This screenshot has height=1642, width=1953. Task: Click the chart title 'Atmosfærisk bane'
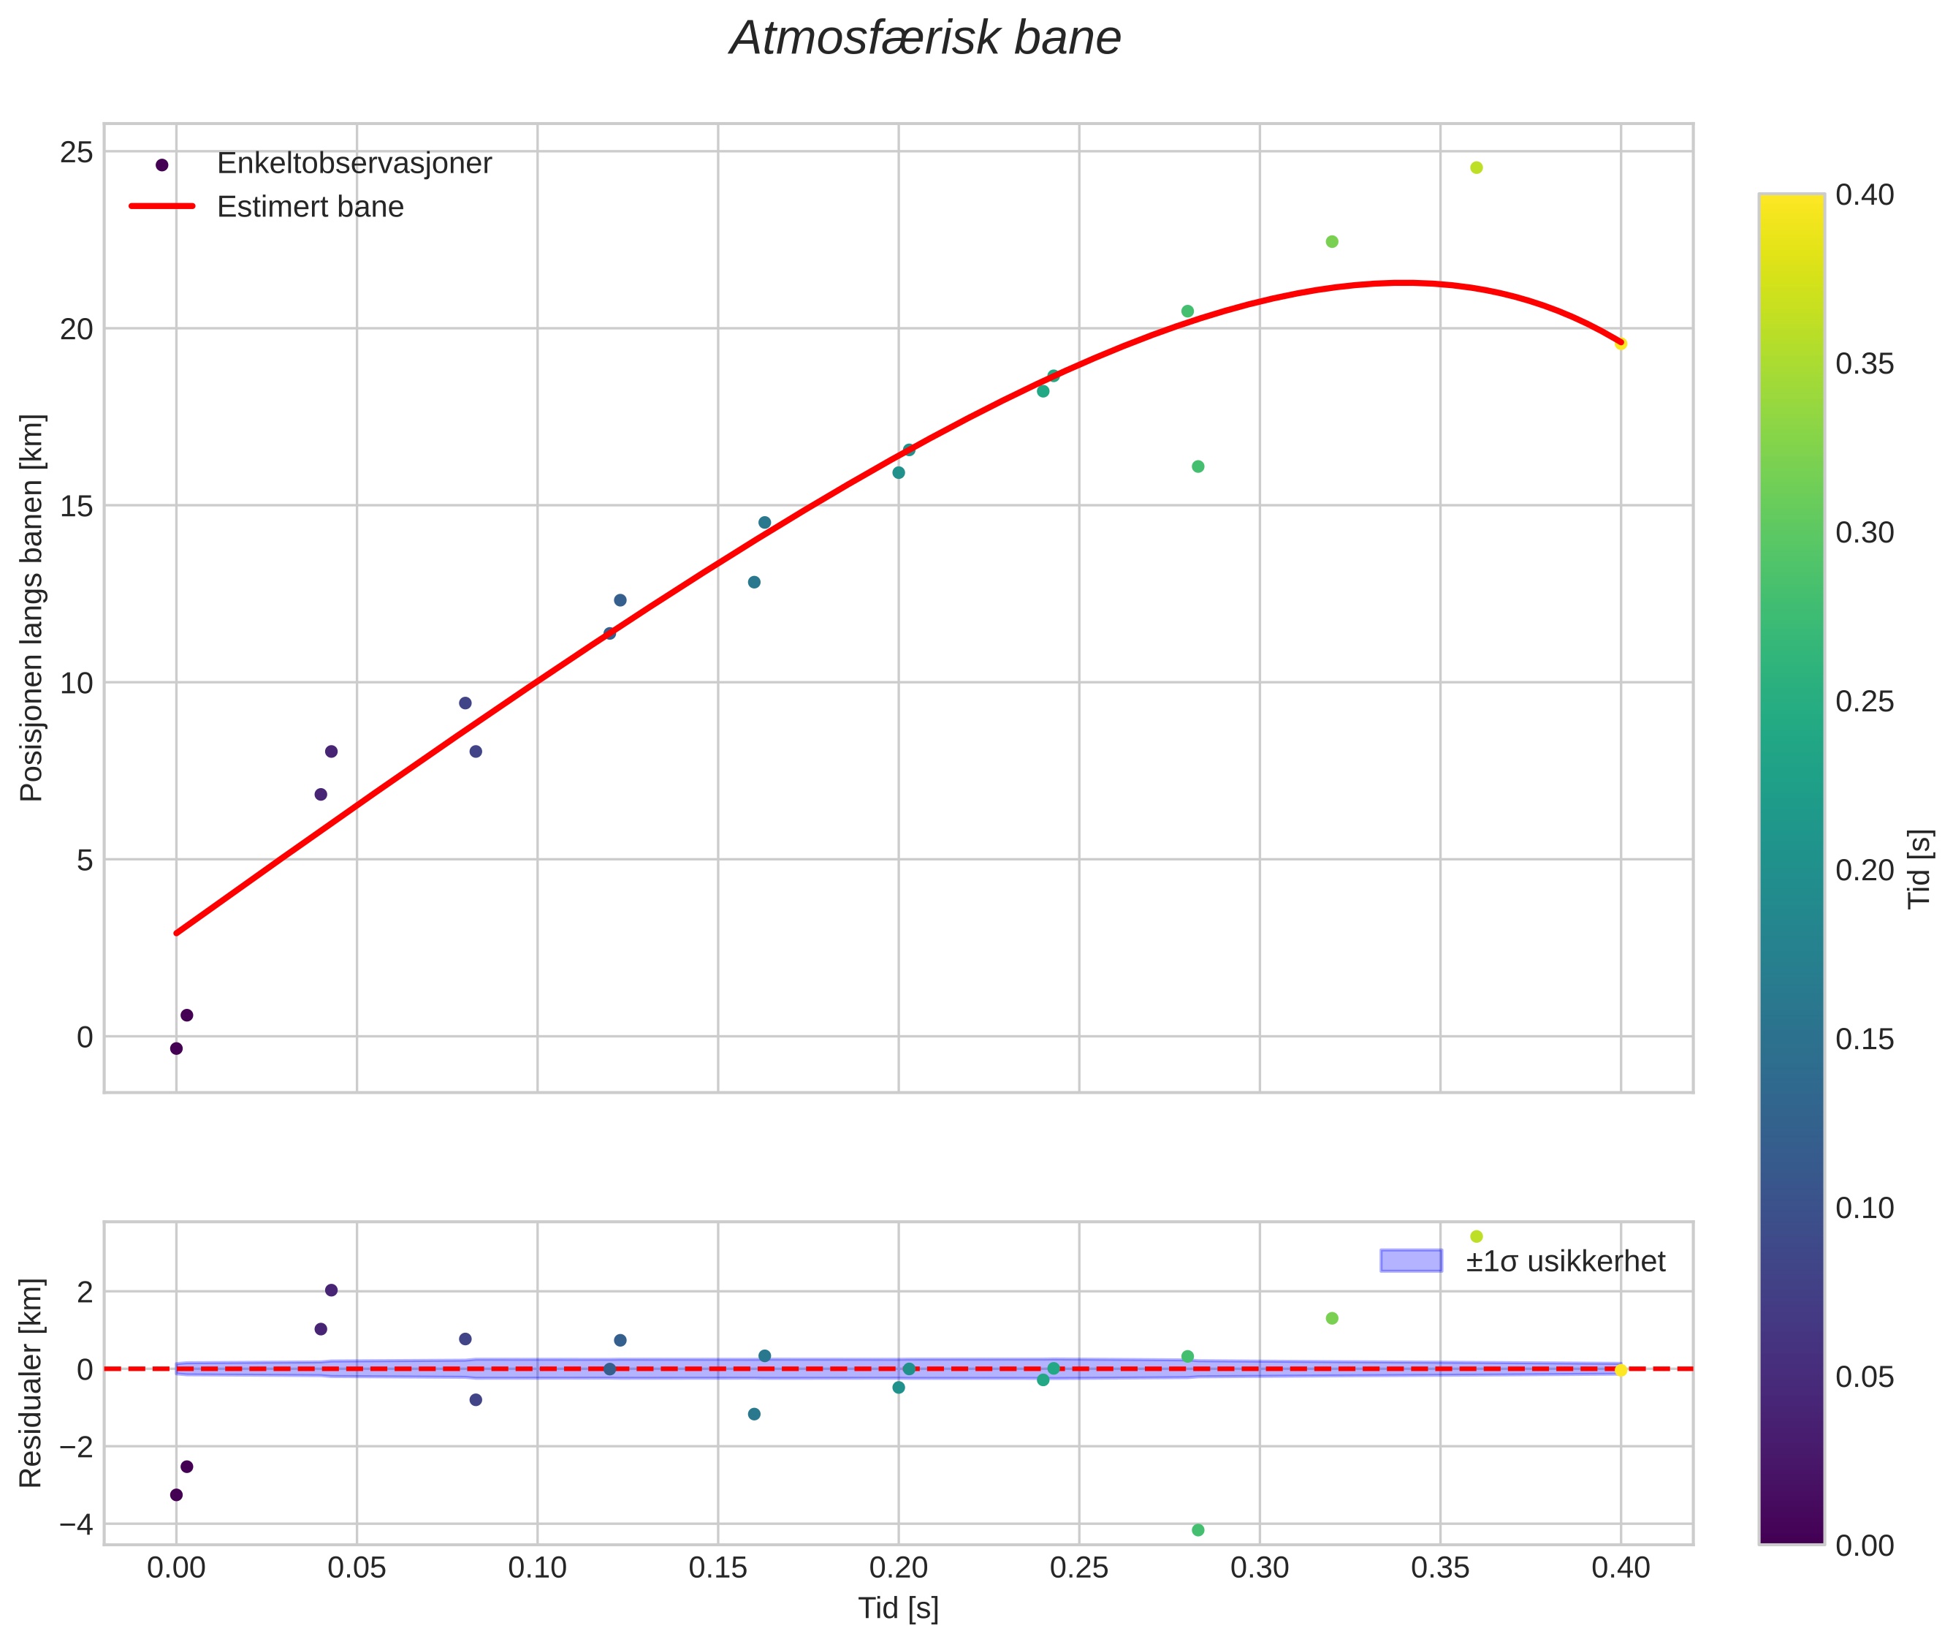pos(925,39)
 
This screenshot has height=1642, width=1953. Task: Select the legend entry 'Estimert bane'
pos(310,207)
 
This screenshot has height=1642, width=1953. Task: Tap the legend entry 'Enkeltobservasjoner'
pos(354,164)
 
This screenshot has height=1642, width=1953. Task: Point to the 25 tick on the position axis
pos(77,152)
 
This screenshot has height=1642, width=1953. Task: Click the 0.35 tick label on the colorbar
pos(1865,364)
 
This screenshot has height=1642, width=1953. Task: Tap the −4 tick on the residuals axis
pos(75,1525)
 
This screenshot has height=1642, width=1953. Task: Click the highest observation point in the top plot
pos(1476,167)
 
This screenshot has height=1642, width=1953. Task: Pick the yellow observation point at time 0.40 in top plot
pos(1621,344)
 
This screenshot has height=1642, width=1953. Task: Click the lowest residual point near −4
pos(1198,1530)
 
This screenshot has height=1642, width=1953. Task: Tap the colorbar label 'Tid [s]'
pos(1919,869)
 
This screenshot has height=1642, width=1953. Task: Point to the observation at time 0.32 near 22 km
pos(1331,242)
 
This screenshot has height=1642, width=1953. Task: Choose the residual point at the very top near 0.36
pos(1476,1236)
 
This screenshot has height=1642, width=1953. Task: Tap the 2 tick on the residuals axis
pos(85,1292)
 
